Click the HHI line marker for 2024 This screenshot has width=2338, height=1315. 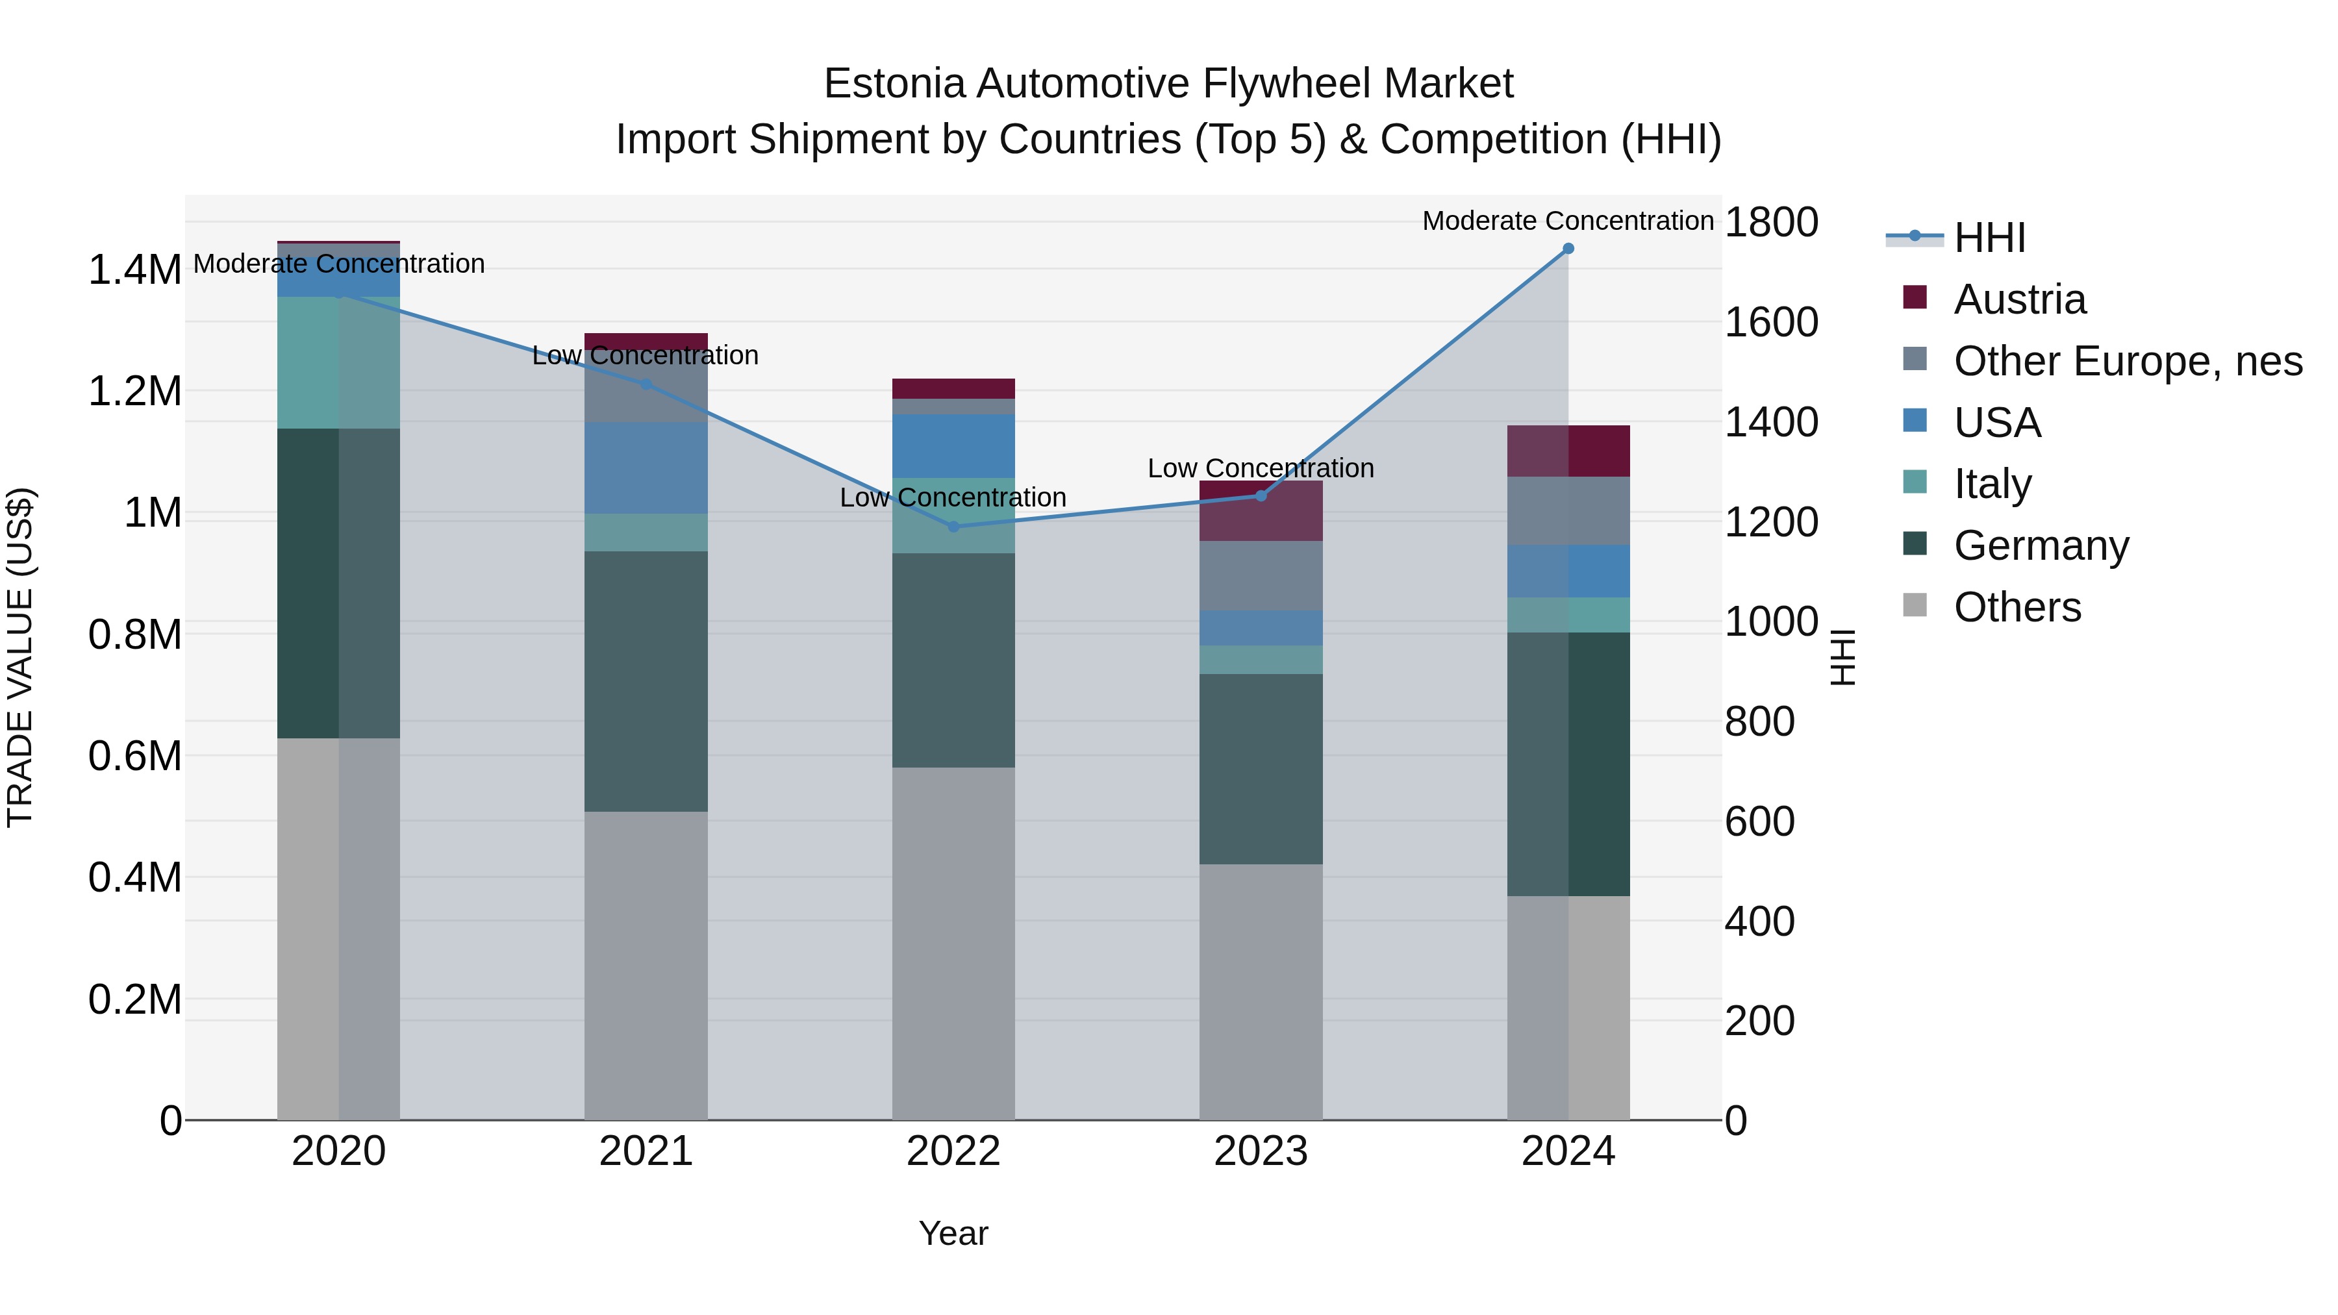pos(1568,249)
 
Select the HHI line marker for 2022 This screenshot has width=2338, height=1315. pos(953,527)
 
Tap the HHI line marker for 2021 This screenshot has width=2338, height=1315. pos(646,384)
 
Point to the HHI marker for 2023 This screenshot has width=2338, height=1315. pos(1260,495)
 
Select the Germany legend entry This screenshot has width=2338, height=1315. pos(2041,545)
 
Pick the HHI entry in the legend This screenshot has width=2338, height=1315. pos(1989,238)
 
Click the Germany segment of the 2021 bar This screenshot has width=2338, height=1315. pos(646,681)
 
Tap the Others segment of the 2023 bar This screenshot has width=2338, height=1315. pos(1260,991)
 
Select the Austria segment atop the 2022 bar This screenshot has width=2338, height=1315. pos(953,388)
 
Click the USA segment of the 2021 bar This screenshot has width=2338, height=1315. pos(646,468)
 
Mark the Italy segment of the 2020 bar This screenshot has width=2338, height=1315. pos(338,362)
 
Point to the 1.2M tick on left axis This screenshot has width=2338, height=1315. pos(134,392)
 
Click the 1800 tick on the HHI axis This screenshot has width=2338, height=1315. pos(1770,222)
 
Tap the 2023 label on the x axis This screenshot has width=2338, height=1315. pos(1260,1151)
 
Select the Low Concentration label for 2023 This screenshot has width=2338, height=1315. pos(1260,468)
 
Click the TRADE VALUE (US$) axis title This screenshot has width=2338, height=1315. pos(20,657)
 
